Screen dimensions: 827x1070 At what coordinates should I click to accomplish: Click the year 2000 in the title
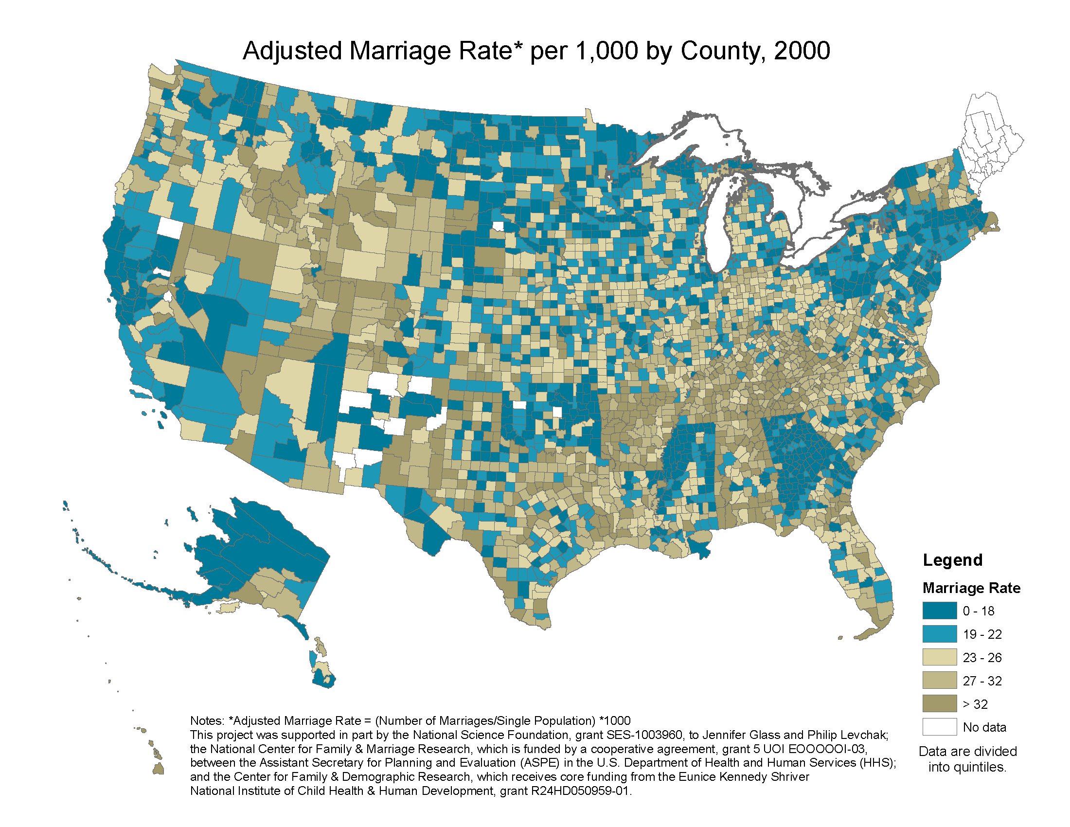pyautogui.click(x=802, y=51)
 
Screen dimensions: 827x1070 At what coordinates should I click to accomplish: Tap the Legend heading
pyautogui.click(x=952, y=560)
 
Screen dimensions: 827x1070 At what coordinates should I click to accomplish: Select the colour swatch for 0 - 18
pyautogui.click(x=939, y=611)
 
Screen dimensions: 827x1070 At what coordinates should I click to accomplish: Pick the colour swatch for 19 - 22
pyautogui.click(x=939, y=634)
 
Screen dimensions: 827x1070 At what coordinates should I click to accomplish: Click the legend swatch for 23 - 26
pyautogui.click(x=939, y=658)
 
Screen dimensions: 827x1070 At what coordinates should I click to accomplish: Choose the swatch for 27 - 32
pyautogui.click(x=939, y=681)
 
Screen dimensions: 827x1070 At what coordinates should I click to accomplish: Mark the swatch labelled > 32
pyautogui.click(x=939, y=704)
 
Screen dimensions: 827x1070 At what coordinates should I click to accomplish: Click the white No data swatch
pyautogui.click(x=939, y=727)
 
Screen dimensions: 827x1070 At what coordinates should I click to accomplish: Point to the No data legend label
pyautogui.click(x=984, y=728)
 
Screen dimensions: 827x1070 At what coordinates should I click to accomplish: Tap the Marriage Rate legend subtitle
pyautogui.click(x=971, y=588)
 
